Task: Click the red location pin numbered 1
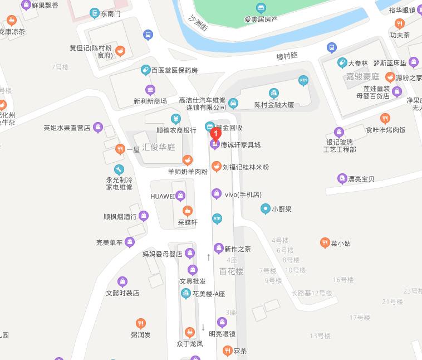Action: [215, 134]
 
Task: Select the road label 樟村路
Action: [287, 55]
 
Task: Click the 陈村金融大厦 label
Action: [274, 105]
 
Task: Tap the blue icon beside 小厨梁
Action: [265, 209]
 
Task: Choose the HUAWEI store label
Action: [163, 196]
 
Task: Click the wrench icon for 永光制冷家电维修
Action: [119, 169]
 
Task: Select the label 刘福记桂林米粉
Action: [246, 167]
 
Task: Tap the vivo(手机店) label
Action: [243, 194]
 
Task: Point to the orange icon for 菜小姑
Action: [325, 242]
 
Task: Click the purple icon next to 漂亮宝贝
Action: [342, 179]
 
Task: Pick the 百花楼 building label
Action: [231, 271]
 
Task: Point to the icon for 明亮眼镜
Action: [222, 322]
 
